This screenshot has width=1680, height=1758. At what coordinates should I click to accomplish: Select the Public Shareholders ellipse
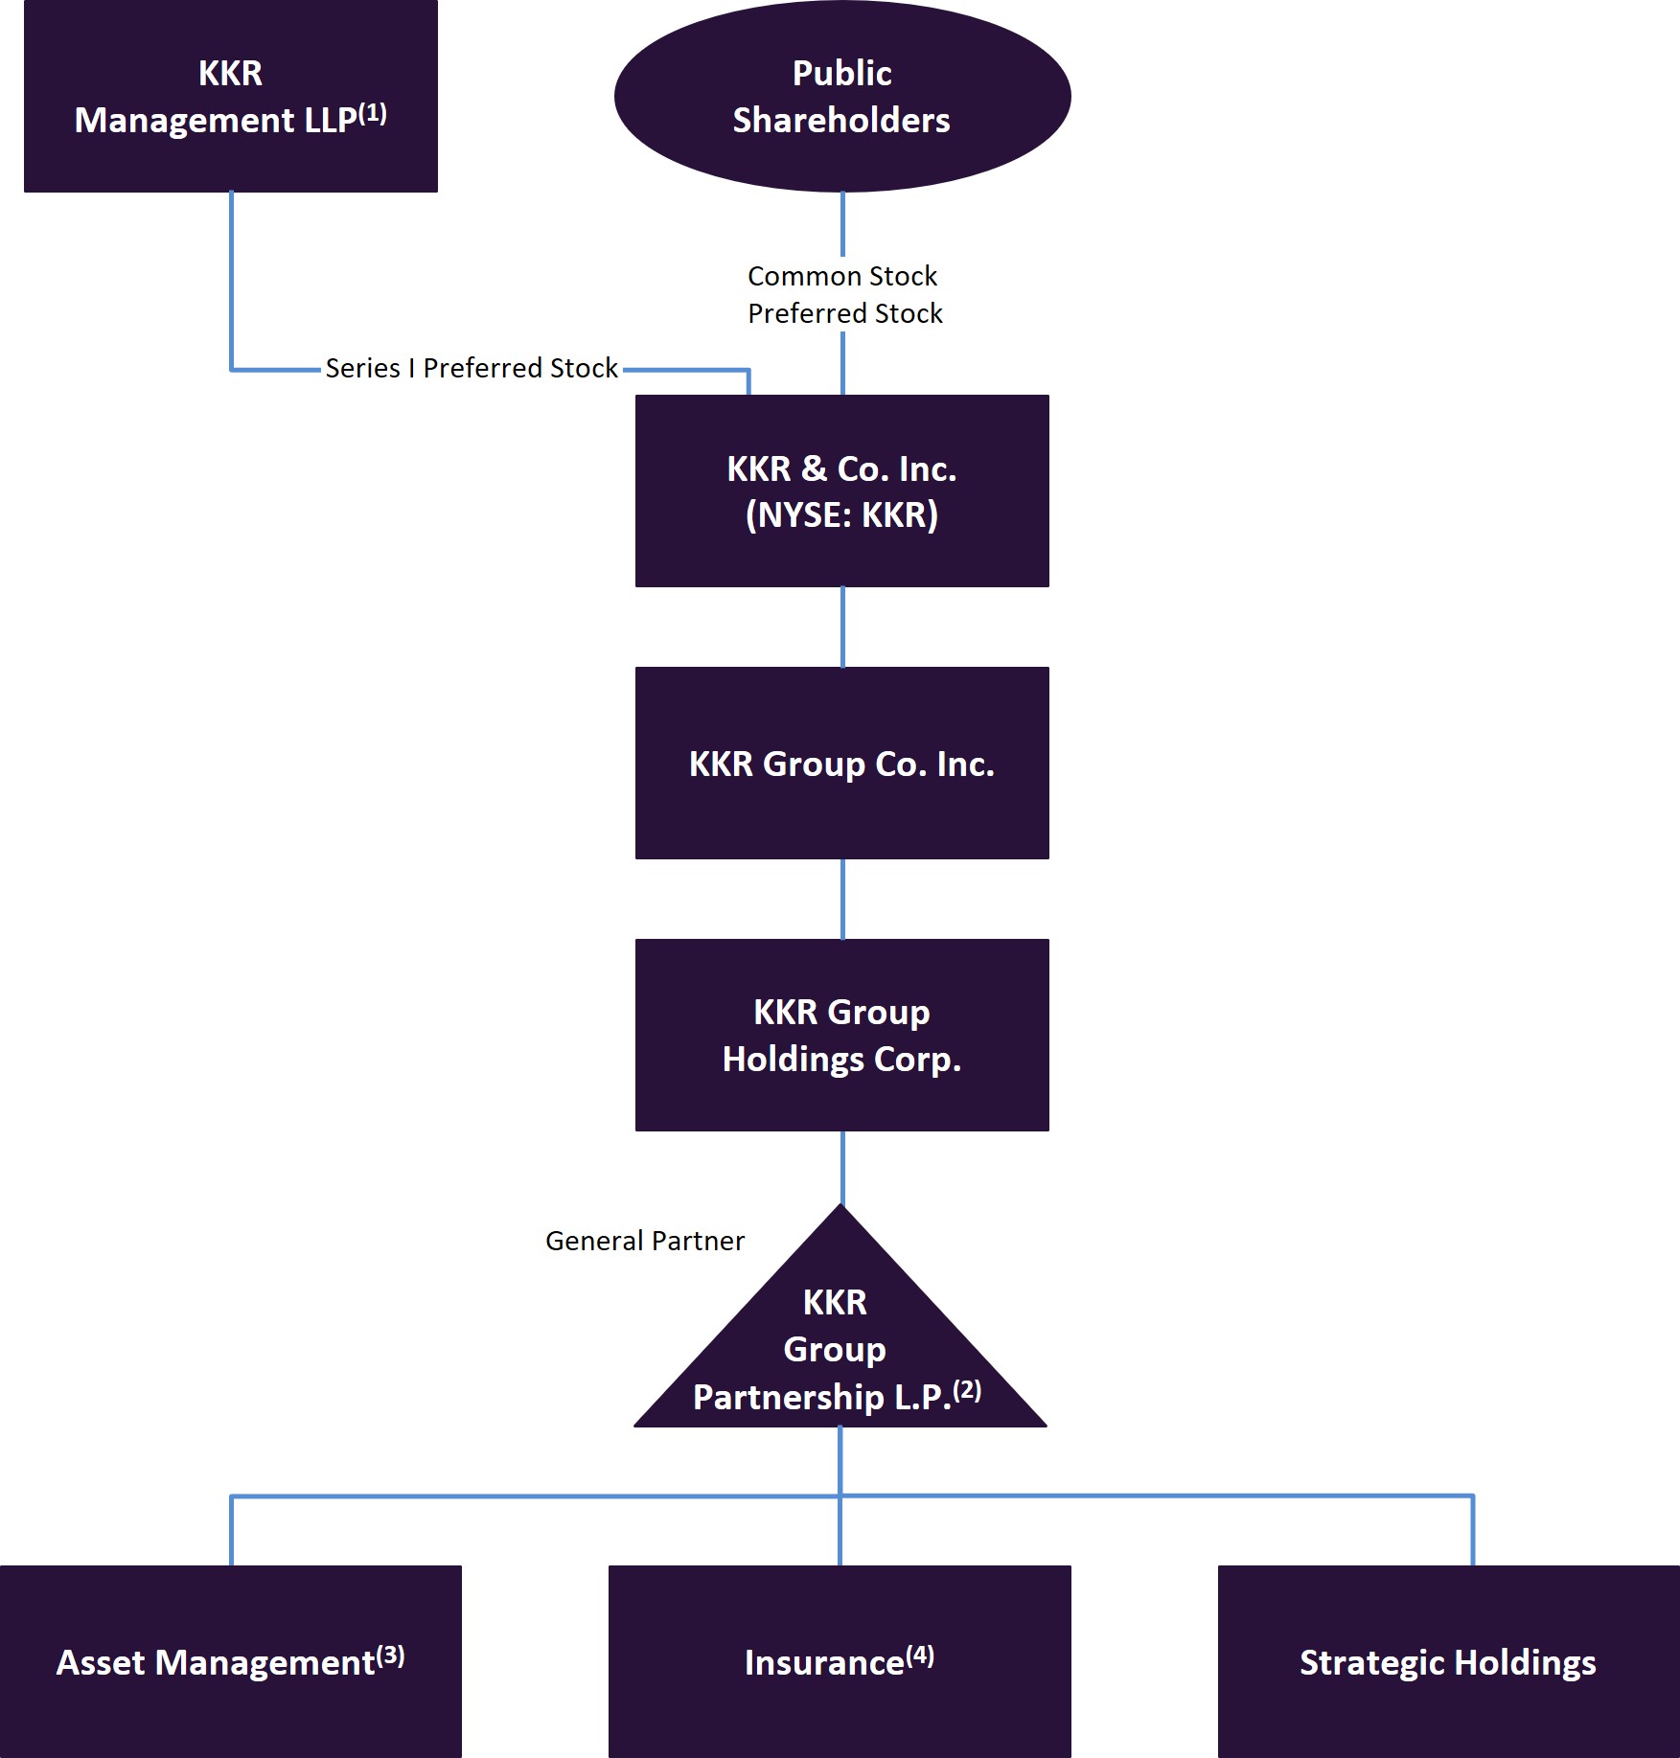click(841, 96)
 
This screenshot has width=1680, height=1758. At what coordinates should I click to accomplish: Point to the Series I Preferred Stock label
click(472, 368)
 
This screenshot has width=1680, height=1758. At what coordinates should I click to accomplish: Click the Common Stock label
click(841, 276)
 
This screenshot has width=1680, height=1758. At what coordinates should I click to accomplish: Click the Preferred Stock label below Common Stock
click(844, 313)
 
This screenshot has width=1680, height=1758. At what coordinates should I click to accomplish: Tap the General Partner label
click(644, 1241)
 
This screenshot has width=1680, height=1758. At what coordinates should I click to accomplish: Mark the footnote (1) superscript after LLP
click(373, 114)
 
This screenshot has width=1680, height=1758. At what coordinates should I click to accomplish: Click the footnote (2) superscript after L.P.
click(967, 1389)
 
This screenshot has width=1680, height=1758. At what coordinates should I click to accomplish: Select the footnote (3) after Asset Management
click(390, 1655)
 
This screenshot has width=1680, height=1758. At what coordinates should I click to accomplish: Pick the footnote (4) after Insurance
click(920, 1655)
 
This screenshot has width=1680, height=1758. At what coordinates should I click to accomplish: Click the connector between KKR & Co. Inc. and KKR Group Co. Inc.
click(842, 627)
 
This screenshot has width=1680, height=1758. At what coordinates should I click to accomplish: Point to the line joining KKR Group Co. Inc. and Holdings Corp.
click(842, 899)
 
